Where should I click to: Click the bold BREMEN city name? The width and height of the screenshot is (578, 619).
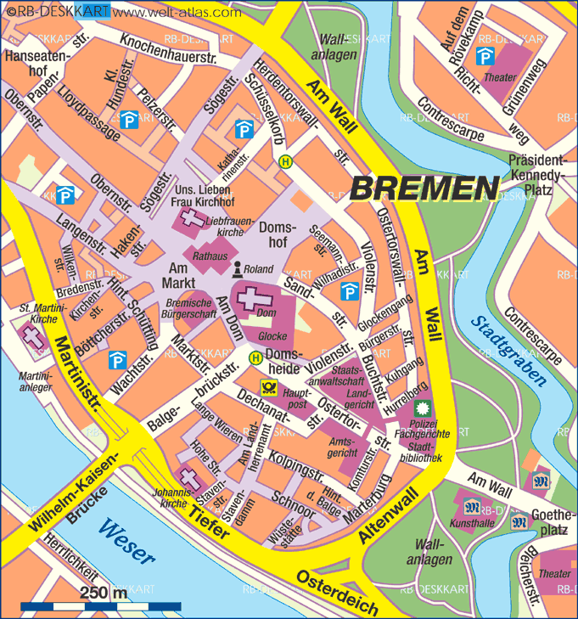424,188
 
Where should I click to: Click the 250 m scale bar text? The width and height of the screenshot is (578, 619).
104,593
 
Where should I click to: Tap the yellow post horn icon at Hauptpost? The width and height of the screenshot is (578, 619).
269,386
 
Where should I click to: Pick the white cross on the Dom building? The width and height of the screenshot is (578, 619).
253,300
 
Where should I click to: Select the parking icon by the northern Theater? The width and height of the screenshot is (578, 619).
485,56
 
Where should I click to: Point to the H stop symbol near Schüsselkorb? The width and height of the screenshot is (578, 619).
286,162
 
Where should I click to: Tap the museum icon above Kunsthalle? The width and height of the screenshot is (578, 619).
473,508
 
